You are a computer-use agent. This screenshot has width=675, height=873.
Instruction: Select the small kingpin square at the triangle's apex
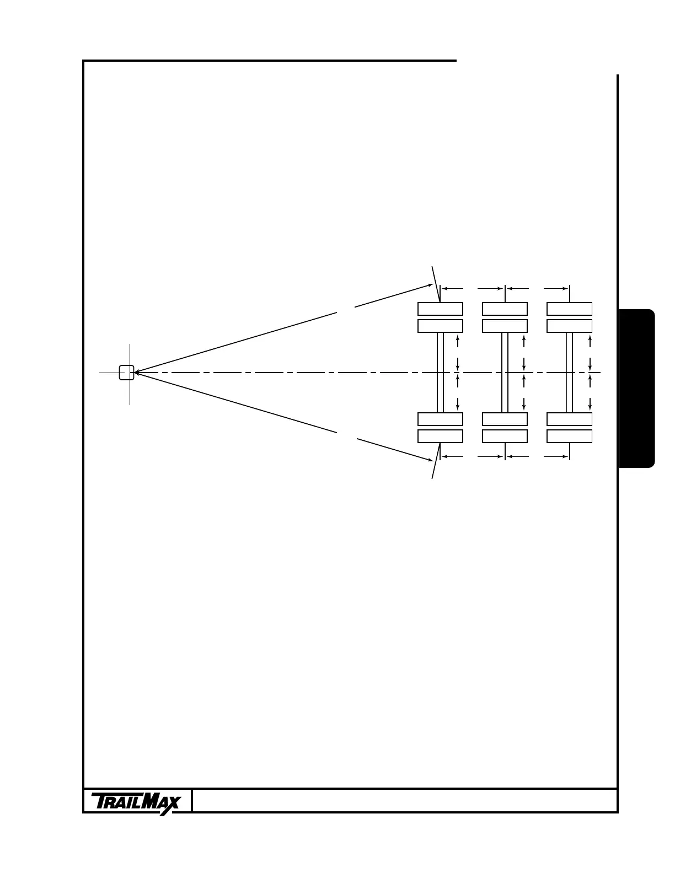(126, 373)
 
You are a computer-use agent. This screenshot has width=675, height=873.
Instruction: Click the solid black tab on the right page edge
(637, 389)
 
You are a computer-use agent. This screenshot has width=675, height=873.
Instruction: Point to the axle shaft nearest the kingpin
(440, 373)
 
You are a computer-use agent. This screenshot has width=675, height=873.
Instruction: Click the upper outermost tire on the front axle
(440, 309)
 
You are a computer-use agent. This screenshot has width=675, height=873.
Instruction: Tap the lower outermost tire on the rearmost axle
(569, 436)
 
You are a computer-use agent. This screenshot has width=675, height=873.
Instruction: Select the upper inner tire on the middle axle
(505, 326)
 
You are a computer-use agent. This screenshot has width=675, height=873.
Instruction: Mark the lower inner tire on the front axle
(440, 419)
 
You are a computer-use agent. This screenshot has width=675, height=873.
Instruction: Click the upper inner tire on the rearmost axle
(569, 326)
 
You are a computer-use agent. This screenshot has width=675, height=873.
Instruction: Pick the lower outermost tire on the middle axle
(505, 436)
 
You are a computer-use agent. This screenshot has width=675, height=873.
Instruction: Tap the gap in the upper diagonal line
(345, 309)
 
